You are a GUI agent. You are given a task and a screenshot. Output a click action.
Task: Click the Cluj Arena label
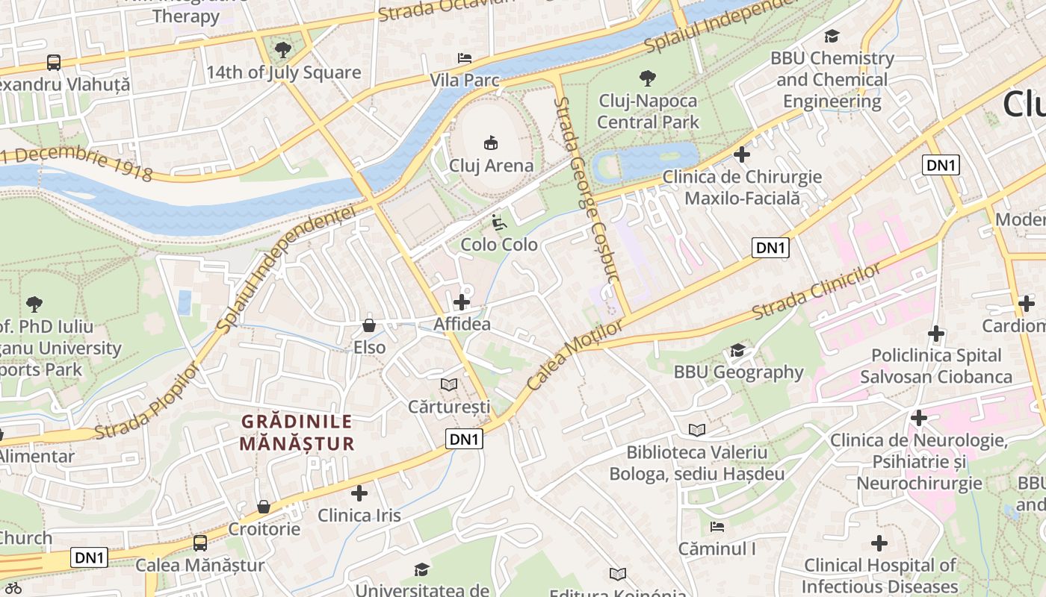pyautogui.click(x=491, y=166)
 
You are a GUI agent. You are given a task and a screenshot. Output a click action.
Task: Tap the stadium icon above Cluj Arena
pyautogui.click(x=491, y=142)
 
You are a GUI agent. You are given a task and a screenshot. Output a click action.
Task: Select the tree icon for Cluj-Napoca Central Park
pyautogui.click(x=648, y=78)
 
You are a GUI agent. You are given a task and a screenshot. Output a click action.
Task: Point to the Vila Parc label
pyautogui.click(x=464, y=80)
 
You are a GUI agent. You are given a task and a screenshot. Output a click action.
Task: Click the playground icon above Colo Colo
pyautogui.click(x=498, y=222)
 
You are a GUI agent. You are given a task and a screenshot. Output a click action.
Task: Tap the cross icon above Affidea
pyautogui.click(x=462, y=302)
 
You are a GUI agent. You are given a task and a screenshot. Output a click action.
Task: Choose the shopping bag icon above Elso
pyautogui.click(x=369, y=325)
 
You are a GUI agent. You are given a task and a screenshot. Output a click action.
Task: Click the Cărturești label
pyautogui.click(x=449, y=407)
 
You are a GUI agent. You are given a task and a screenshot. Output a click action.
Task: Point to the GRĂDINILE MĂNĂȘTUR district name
pyautogui.click(x=297, y=432)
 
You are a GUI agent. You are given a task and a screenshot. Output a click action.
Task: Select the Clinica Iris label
pyautogui.click(x=359, y=516)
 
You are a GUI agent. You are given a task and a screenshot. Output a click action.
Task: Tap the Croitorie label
pyautogui.click(x=264, y=529)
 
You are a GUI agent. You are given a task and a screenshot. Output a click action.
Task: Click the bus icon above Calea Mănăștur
pyautogui.click(x=200, y=543)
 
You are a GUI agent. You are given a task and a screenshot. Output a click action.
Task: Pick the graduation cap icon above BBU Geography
pyautogui.click(x=738, y=350)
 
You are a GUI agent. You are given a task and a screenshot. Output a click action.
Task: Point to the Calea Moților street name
pyautogui.click(x=574, y=355)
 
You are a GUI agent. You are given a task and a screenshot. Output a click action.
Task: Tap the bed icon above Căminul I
pyautogui.click(x=717, y=527)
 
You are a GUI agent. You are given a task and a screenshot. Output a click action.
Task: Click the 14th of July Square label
pyautogui.click(x=283, y=73)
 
